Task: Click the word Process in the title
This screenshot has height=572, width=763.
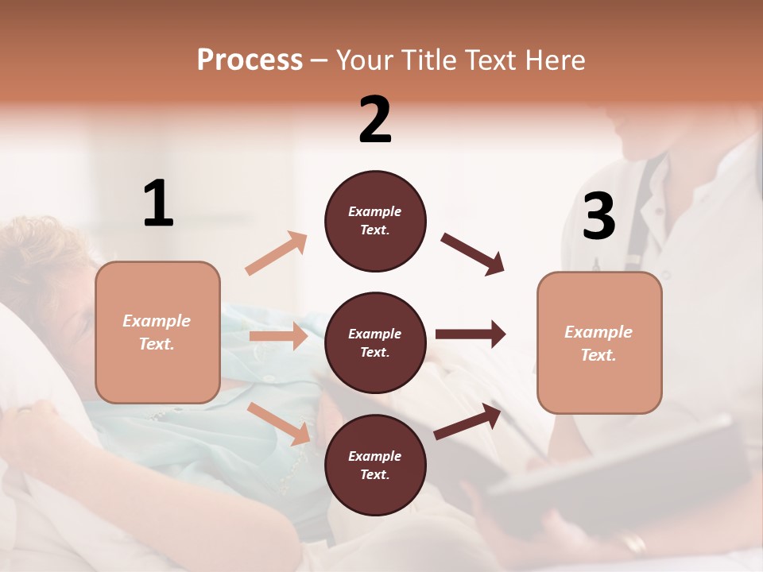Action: pos(250,60)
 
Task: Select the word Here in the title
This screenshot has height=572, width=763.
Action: pos(556,60)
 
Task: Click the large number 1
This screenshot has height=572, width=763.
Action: pos(158,203)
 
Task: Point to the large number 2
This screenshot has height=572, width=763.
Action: pos(375,120)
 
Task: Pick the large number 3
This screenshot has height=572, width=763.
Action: pos(598,217)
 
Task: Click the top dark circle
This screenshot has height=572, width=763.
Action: pos(375,221)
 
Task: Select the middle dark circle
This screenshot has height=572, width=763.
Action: pos(375,342)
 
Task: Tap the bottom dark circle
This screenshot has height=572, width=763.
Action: pos(375,465)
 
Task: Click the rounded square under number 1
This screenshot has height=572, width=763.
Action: pos(157,332)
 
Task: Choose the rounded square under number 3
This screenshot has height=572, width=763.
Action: pos(599,342)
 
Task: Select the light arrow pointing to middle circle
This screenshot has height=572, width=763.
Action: pos(278,336)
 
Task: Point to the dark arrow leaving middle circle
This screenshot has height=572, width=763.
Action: pos(471,334)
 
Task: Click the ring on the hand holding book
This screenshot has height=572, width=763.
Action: pos(634,543)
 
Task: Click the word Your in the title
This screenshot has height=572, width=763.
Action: pos(366,60)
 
